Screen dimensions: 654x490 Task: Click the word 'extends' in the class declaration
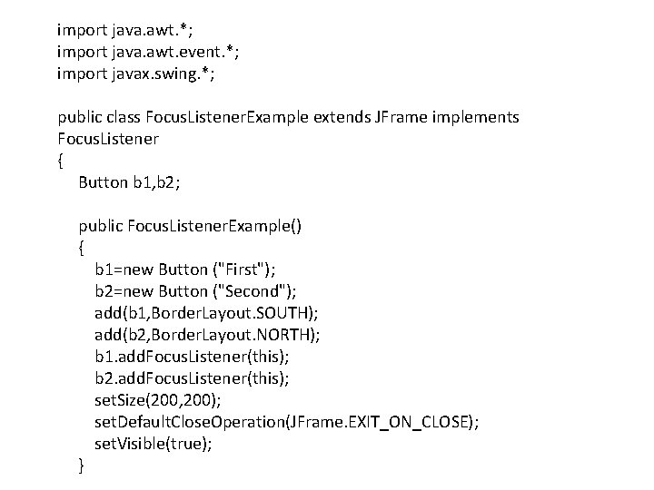[x=340, y=118]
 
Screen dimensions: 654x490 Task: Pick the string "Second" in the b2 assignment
[x=260, y=290]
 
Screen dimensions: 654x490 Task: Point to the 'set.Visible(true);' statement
[x=154, y=444]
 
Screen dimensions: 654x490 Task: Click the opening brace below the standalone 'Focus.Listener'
[x=61, y=161]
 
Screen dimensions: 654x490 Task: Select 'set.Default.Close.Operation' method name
[x=189, y=422]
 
